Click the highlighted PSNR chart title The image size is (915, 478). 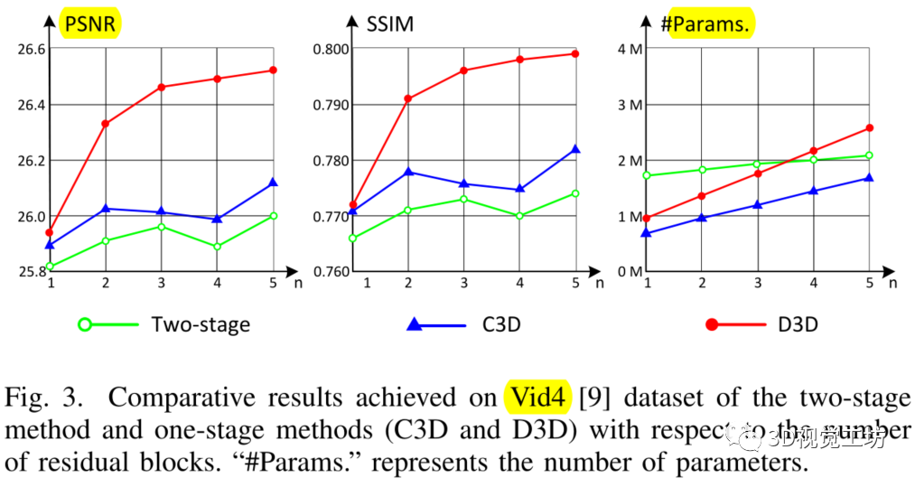[90, 23]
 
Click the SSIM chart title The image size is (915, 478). [389, 23]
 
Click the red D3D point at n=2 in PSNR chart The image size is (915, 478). [106, 123]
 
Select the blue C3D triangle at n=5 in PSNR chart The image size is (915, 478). [274, 183]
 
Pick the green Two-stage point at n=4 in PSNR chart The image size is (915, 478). [218, 246]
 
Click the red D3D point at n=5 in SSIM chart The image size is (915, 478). [574, 53]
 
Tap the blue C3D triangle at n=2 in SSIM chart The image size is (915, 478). [408, 172]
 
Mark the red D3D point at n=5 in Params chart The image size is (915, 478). [869, 128]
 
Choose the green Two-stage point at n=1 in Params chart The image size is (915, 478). [647, 175]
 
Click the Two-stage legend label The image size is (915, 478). [201, 324]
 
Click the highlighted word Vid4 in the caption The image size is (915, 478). [537, 398]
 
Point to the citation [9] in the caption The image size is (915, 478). [592, 398]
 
